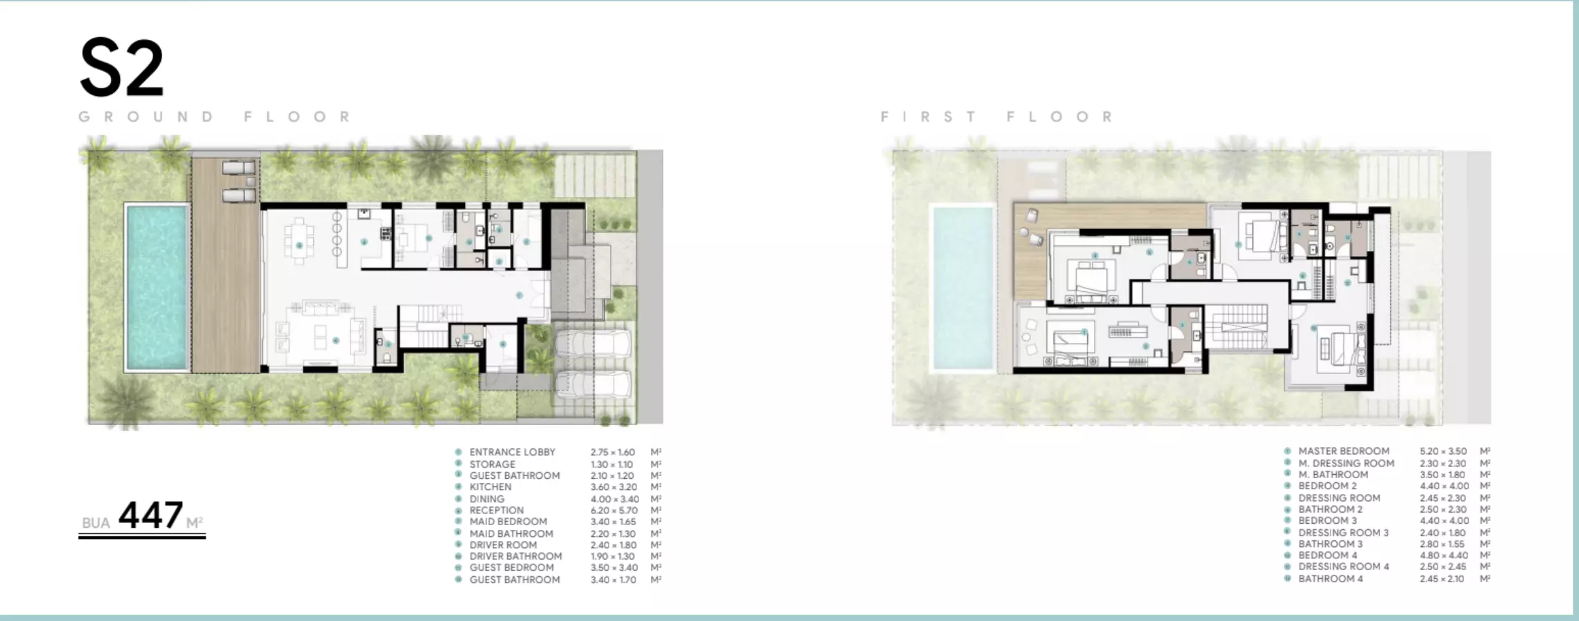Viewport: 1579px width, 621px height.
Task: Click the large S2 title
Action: click(122, 68)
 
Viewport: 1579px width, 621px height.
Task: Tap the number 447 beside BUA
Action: click(150, 515)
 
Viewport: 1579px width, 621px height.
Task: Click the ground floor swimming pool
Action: click(157, 286)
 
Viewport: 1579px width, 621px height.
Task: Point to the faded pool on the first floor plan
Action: click(963, 288)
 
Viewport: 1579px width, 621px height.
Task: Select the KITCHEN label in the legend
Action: click(491, 487)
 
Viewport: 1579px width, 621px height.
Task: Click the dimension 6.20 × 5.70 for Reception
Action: click(614, 511)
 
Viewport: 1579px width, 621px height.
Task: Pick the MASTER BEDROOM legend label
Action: click(1344, 451)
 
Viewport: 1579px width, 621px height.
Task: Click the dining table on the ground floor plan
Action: click(299, 241)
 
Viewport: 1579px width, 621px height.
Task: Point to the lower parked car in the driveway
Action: click(594, 385)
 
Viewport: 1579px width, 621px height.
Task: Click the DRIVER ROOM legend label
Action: click(503, 545)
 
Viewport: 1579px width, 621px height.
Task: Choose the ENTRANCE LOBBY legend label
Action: click(512, 452)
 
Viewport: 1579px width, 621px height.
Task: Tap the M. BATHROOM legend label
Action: click(1333, 475)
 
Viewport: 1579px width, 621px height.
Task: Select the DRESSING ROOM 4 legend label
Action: click(1344, 566)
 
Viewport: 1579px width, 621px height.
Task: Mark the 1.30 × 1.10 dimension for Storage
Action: click(611, 464)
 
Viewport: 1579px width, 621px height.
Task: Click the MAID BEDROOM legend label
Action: click(508, 522)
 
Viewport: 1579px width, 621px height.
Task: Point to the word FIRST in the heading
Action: click(928, 117)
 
